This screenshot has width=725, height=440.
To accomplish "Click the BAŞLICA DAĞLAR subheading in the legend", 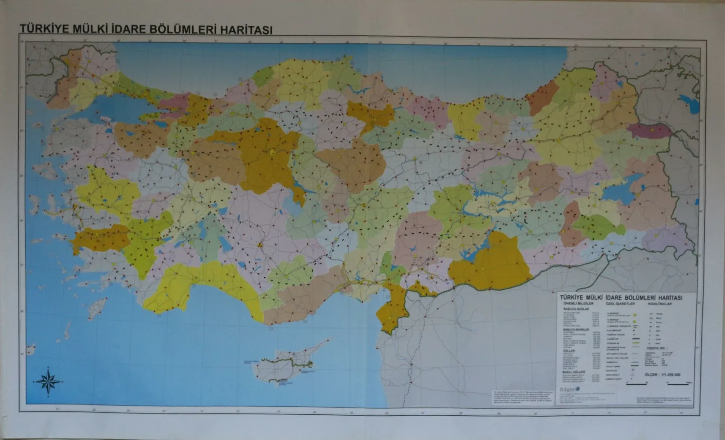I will (x=573, y=309).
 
